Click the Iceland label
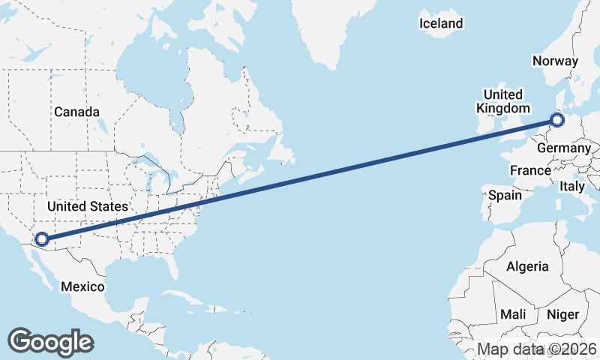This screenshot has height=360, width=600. pos(441,23)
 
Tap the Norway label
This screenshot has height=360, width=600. pos(554,61)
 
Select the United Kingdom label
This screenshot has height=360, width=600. pos(502,101)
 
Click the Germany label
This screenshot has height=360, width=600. pos(564,148)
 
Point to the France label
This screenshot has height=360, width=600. pos(530,171)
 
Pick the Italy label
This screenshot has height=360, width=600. pos(572,185)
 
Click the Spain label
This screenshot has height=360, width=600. pos(505,195)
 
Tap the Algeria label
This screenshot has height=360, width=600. pos(527,266)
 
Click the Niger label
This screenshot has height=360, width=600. pos(562,314)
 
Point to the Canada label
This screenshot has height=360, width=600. pos(76,112)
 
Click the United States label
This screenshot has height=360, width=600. pos(87,205)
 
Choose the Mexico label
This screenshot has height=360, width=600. pos(82,286)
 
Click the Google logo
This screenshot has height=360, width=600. pos(50,342)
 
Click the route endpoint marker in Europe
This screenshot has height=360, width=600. pos(556,119)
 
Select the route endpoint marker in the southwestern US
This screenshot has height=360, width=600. pos(41,239)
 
